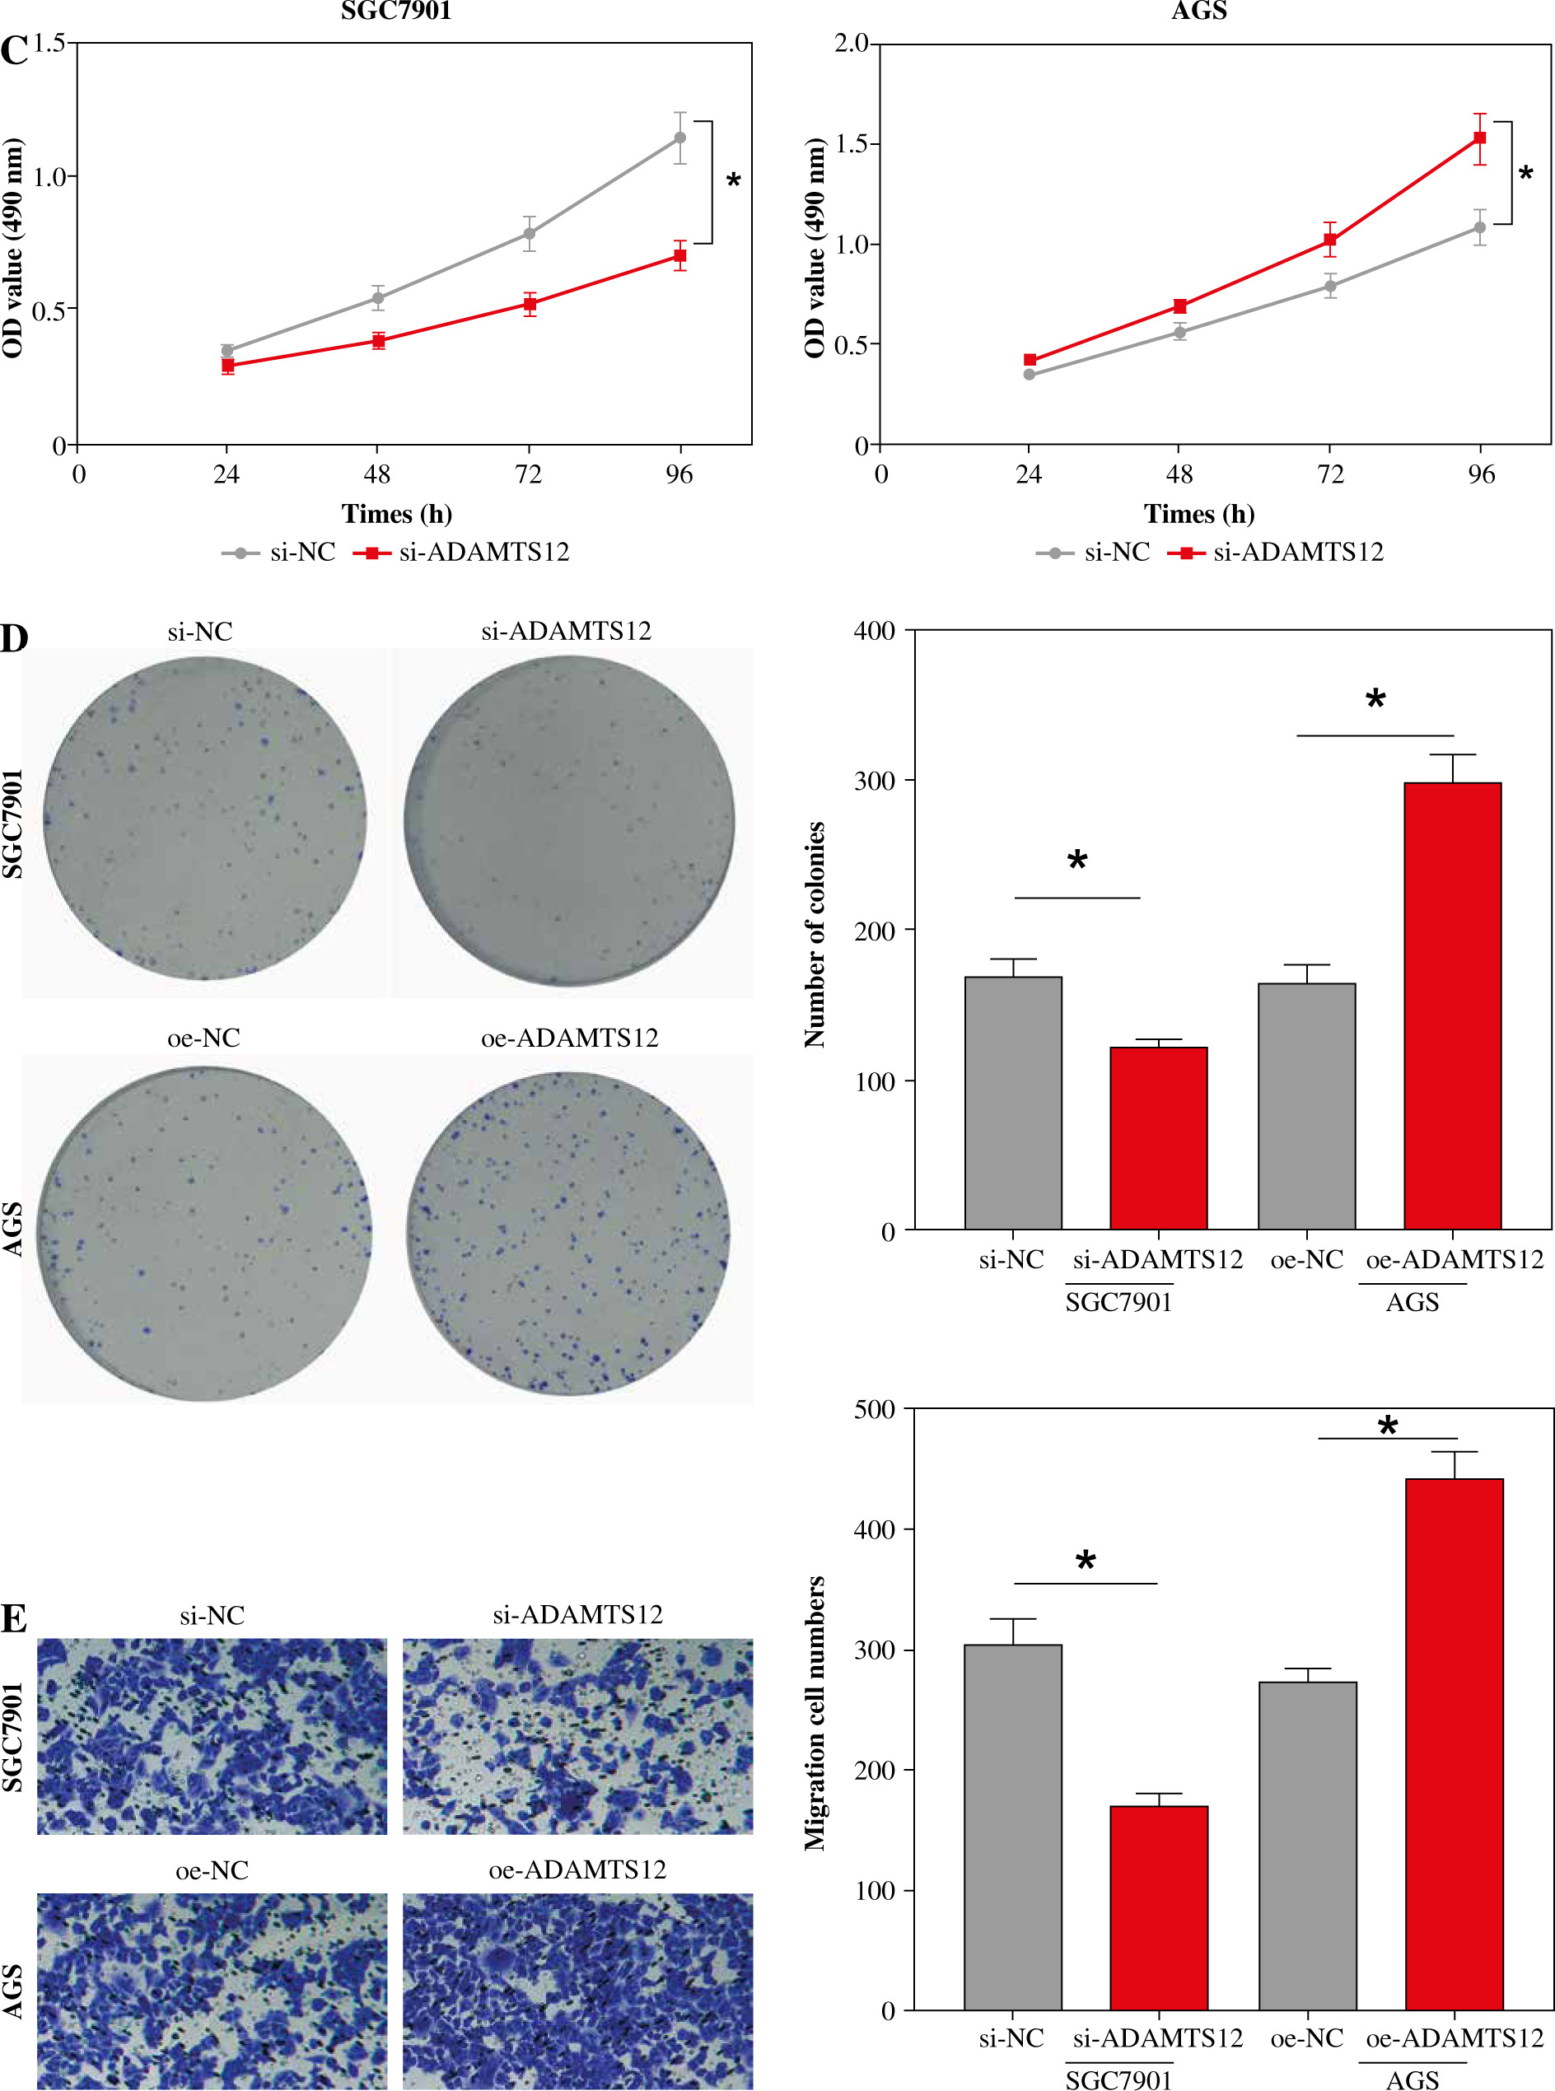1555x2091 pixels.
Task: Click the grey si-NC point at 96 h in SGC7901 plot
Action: (x=679, y=138)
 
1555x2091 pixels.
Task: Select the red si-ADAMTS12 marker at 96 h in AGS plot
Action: (x=1480, y=138)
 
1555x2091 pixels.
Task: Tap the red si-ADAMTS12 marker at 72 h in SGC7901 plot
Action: (x=530, y=304)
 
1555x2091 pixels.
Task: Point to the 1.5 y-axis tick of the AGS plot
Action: (x=855, y=144)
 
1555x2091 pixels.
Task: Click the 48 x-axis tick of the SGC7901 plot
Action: (x=376, y=474)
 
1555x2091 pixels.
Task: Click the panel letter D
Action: (x=14, y=638)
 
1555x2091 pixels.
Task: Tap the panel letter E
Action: (x=13, y=1618)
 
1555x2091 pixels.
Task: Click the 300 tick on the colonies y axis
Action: (x=875, y=781)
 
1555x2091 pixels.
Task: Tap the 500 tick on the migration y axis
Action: (x=875, y=1409)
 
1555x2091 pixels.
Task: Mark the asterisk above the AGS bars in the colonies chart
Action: (x=1375, y=700)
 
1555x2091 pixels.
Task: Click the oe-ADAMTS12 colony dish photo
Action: (x=568, y=1233)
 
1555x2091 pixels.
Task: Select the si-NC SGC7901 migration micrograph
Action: (x=212, y=1736)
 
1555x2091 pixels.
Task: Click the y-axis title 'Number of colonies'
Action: (x=815, y=934)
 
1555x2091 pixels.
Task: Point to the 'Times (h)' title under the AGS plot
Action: (x=1198, y=514)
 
